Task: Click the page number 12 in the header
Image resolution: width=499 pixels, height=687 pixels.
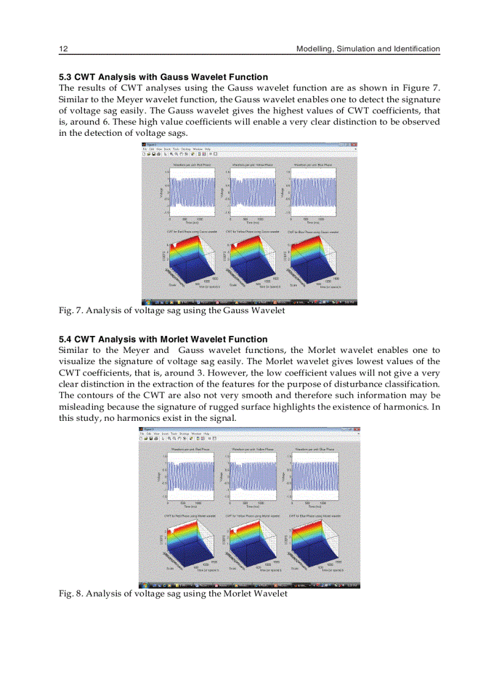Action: click(62, 49)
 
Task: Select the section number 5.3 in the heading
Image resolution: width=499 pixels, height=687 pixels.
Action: click(65, 77)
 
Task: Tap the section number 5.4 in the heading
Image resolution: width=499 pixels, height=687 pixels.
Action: click(65, 339)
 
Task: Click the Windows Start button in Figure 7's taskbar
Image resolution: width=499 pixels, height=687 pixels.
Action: click(146, 302)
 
